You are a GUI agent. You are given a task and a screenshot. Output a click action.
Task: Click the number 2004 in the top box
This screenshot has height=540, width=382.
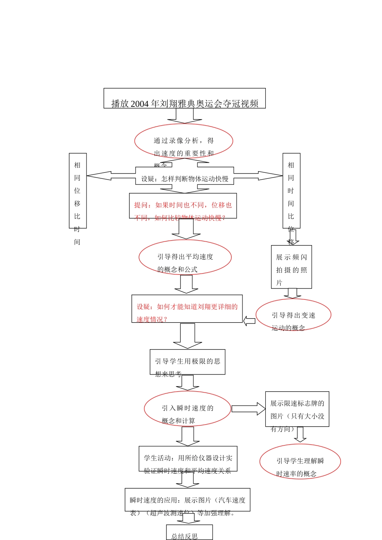pyautogui.click(x=140, y=104)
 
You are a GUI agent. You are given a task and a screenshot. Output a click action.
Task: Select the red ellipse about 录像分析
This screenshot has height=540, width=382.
pyautogui.click(x=184, y=141)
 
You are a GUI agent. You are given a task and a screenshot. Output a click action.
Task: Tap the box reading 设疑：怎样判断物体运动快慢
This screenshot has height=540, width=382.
pyautogui.click(x=185, y=178)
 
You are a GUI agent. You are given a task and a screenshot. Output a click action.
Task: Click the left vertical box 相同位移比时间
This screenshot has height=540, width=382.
pyautogui.click(x=78, y=190)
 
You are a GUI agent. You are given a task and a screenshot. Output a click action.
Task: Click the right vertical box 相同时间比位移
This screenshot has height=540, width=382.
pyautogui.click(x=291, y=190)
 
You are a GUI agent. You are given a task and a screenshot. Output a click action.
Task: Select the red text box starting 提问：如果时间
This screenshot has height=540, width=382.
pyautogui.click(x=183, y=206)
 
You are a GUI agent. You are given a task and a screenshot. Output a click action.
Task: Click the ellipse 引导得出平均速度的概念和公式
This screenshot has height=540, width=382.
pyautogui.click(x=185, y=258)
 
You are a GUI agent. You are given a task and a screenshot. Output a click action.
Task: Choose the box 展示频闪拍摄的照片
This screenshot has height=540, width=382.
pyautogui.click(x=292, y=267)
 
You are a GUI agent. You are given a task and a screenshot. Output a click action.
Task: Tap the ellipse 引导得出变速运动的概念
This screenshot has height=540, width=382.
pyautogui.click(x=294, y=315)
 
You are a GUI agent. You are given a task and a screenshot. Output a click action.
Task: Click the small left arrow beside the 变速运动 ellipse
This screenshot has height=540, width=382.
pyautogui.click(x=249, y=321)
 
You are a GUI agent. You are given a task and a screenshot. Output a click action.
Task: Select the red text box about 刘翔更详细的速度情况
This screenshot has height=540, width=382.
pyautogui.click(x=187, y=309)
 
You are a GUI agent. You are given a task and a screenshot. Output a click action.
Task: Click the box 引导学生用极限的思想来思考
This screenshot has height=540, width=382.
pyautogui.click(x=187, y=362)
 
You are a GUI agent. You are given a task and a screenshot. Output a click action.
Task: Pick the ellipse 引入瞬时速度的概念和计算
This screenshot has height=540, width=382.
pyautogui.click(x=187, y=409)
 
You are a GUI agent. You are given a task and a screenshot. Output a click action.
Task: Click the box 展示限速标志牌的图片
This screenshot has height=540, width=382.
pyautogui.click(x=297, y=409)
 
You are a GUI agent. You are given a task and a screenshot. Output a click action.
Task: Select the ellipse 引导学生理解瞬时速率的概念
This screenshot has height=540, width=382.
pyautogui.click(x=300, y=462)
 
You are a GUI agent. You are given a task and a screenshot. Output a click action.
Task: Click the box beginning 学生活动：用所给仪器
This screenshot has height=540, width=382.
pyautogui.click(x=188, y=458)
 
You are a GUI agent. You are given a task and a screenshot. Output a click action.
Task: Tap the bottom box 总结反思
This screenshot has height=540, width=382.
pyautogui.click(x=189, y=533)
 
